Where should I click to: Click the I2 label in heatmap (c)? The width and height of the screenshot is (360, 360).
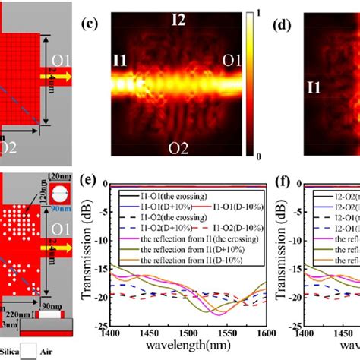(x=177, y=21)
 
